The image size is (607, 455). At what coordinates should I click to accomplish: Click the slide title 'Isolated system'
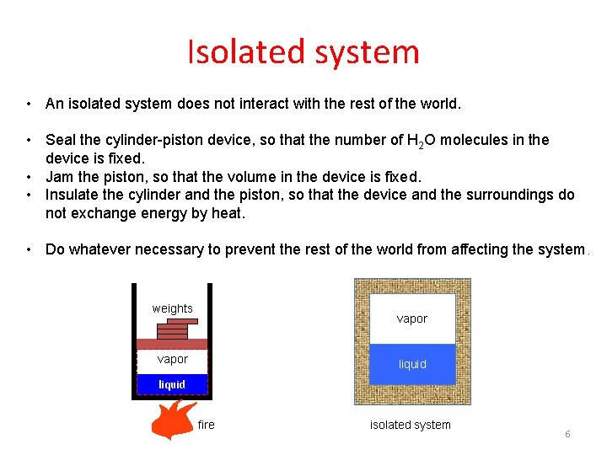303,51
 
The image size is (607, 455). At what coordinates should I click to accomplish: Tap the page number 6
567,433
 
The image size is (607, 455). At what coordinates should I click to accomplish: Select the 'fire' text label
206,425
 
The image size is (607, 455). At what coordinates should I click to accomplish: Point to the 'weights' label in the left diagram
172,308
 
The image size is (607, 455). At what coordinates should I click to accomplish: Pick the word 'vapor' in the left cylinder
172,359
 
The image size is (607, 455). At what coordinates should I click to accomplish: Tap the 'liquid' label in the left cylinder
172,384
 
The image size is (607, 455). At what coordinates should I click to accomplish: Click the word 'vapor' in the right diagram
412,318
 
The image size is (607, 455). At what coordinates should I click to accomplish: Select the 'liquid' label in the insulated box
412,364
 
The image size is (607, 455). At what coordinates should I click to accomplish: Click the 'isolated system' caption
410,425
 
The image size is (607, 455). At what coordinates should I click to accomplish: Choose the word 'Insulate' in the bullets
72,195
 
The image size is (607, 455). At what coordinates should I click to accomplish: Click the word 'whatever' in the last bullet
97,249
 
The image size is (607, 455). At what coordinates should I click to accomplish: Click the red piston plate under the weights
172,344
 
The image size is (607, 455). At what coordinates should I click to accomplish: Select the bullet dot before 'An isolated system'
29,104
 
